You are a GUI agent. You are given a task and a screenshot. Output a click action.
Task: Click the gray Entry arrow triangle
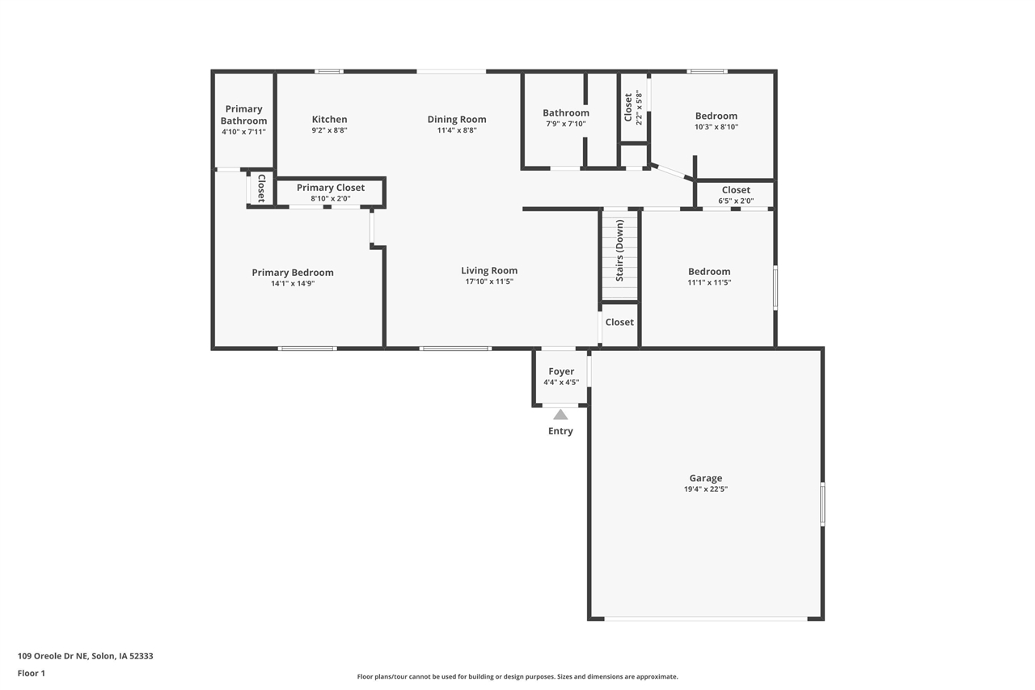coord(560,414)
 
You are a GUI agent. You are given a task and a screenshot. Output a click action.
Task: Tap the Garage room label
coord(706,478)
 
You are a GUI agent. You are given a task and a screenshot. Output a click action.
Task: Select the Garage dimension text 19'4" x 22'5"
coord(706,489)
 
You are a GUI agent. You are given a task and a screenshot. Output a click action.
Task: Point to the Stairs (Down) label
coord(619,250)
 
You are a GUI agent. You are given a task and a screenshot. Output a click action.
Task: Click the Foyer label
coord(561,371)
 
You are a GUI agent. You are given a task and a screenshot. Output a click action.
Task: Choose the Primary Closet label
coord(331,188)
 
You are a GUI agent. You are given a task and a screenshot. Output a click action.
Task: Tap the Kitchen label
coord(329,119)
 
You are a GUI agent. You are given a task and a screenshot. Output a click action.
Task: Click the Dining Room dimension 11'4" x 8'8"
coord(457,130)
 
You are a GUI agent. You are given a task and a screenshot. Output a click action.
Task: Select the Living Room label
coord(489,270)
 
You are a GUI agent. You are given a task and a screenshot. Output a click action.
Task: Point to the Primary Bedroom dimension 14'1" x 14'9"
coord(293,283)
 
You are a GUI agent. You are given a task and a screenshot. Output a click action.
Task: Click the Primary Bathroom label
coord(243,115)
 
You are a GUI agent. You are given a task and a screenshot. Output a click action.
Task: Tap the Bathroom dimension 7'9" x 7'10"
coord(565,124)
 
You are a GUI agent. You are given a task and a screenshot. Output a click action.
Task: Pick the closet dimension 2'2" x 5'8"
coord(639,108)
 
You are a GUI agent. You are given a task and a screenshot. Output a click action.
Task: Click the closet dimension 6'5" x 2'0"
coord(736,201)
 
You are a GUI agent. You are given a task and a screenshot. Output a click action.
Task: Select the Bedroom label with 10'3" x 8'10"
coord(716,116)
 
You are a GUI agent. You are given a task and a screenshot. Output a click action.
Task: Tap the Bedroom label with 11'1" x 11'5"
coord(709,272)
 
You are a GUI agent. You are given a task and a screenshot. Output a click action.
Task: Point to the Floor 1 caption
coord(32,673)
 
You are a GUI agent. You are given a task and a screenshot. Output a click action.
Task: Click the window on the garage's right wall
coord(822,504)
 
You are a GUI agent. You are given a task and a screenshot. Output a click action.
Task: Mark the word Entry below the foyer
coord(560,431)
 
